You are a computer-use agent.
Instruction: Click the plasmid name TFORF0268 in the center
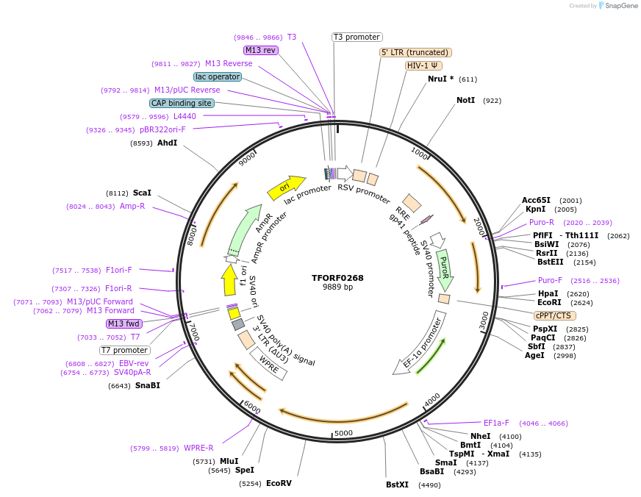[x=337, y=278]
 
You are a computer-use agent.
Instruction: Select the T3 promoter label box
[x=357, y=37]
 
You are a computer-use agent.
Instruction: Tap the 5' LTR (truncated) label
[x=415, y=52]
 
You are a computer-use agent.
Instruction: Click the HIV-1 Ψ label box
[x=423, y=65]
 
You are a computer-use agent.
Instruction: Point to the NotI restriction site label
[x=466, y=100]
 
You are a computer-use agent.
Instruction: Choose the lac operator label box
[x=218, y=76]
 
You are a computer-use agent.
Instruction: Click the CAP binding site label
[x=182, y=104]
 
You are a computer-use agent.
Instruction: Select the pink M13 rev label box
[x=261, y=50]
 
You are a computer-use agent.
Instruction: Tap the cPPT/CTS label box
[x=554, y=315]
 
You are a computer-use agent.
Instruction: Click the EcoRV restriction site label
[x=279, y=483]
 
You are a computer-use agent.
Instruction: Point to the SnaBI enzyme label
[x=147, y=385]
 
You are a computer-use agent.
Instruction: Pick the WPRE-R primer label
[x=198, y=448]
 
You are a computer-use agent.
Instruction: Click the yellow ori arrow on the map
[x=286, y=187]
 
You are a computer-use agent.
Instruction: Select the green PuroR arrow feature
[x=444, y=270]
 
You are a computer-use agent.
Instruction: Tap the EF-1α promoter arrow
[x=419, y=344]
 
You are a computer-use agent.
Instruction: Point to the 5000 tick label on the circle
[x=343, y=433]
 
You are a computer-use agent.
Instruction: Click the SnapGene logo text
[x=620, y=6]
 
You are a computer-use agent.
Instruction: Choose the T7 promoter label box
[x=125, y=350]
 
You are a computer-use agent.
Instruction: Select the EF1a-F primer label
[x=496, y=423]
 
